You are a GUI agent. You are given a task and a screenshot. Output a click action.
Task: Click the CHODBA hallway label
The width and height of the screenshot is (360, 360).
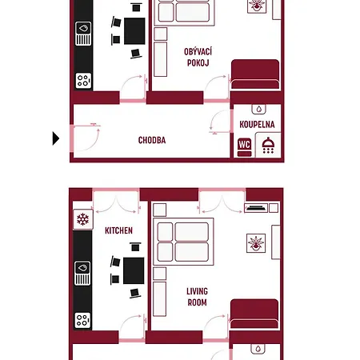tap(152, 140)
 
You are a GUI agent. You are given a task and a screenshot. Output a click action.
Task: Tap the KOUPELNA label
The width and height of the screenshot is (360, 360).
tap(257, 125)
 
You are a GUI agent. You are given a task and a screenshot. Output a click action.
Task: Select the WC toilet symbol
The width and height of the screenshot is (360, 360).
tap(244, 147)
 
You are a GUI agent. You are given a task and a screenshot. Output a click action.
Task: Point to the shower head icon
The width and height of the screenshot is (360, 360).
tap(268, 146)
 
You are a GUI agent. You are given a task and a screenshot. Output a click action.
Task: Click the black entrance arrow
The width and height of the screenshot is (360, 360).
tap(56, 138)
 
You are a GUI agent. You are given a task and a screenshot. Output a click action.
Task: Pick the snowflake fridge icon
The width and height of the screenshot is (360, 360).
tap(83, 219)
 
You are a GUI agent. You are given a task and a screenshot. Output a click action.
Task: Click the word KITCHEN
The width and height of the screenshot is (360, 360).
tap(118, 230)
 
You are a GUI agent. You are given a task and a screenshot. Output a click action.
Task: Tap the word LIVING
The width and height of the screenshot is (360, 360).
tap(197, 291)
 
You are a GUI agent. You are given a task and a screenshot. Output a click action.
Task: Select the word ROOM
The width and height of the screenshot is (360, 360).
tap(197, 302)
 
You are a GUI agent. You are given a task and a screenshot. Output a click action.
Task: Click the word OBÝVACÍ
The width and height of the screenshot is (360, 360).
tap(198, 51)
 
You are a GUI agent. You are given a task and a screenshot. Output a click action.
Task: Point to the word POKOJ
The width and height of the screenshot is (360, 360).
tap(198, 63)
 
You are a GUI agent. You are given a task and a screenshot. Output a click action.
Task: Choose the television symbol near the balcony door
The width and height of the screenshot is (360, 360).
tap(256, 208)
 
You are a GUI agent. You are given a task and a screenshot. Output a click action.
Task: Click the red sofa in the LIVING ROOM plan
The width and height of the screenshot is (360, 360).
tap(254, 314)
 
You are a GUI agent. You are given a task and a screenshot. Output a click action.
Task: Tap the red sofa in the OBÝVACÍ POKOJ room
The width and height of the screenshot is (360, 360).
tap(255, 74)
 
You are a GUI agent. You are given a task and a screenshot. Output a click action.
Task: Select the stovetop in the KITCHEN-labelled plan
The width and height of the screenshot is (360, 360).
tap(82, 320)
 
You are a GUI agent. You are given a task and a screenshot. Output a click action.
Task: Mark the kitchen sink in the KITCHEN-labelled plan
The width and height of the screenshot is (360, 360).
tap(82, 274)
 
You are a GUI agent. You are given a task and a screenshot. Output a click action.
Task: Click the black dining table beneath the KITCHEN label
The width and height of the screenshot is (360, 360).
tap(134, 270)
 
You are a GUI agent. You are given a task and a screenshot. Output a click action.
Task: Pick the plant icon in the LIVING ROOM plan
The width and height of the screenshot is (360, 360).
tap(256, 243)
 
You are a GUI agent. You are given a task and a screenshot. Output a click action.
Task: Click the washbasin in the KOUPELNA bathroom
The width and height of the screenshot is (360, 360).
tap(258, 109)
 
